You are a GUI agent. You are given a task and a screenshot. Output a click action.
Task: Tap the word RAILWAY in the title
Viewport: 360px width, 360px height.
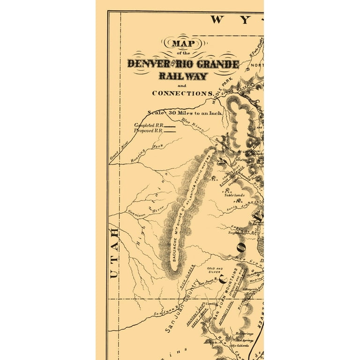coord(183,76)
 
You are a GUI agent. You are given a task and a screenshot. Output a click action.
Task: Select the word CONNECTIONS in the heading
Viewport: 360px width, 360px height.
coord(183,93)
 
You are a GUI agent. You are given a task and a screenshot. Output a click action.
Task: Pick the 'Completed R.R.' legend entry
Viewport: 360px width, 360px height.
coord(150,126)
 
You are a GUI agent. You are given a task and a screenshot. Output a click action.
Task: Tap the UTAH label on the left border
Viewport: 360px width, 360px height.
coord(114,254)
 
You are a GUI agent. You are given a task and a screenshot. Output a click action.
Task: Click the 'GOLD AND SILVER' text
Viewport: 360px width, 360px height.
coord(214,270)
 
